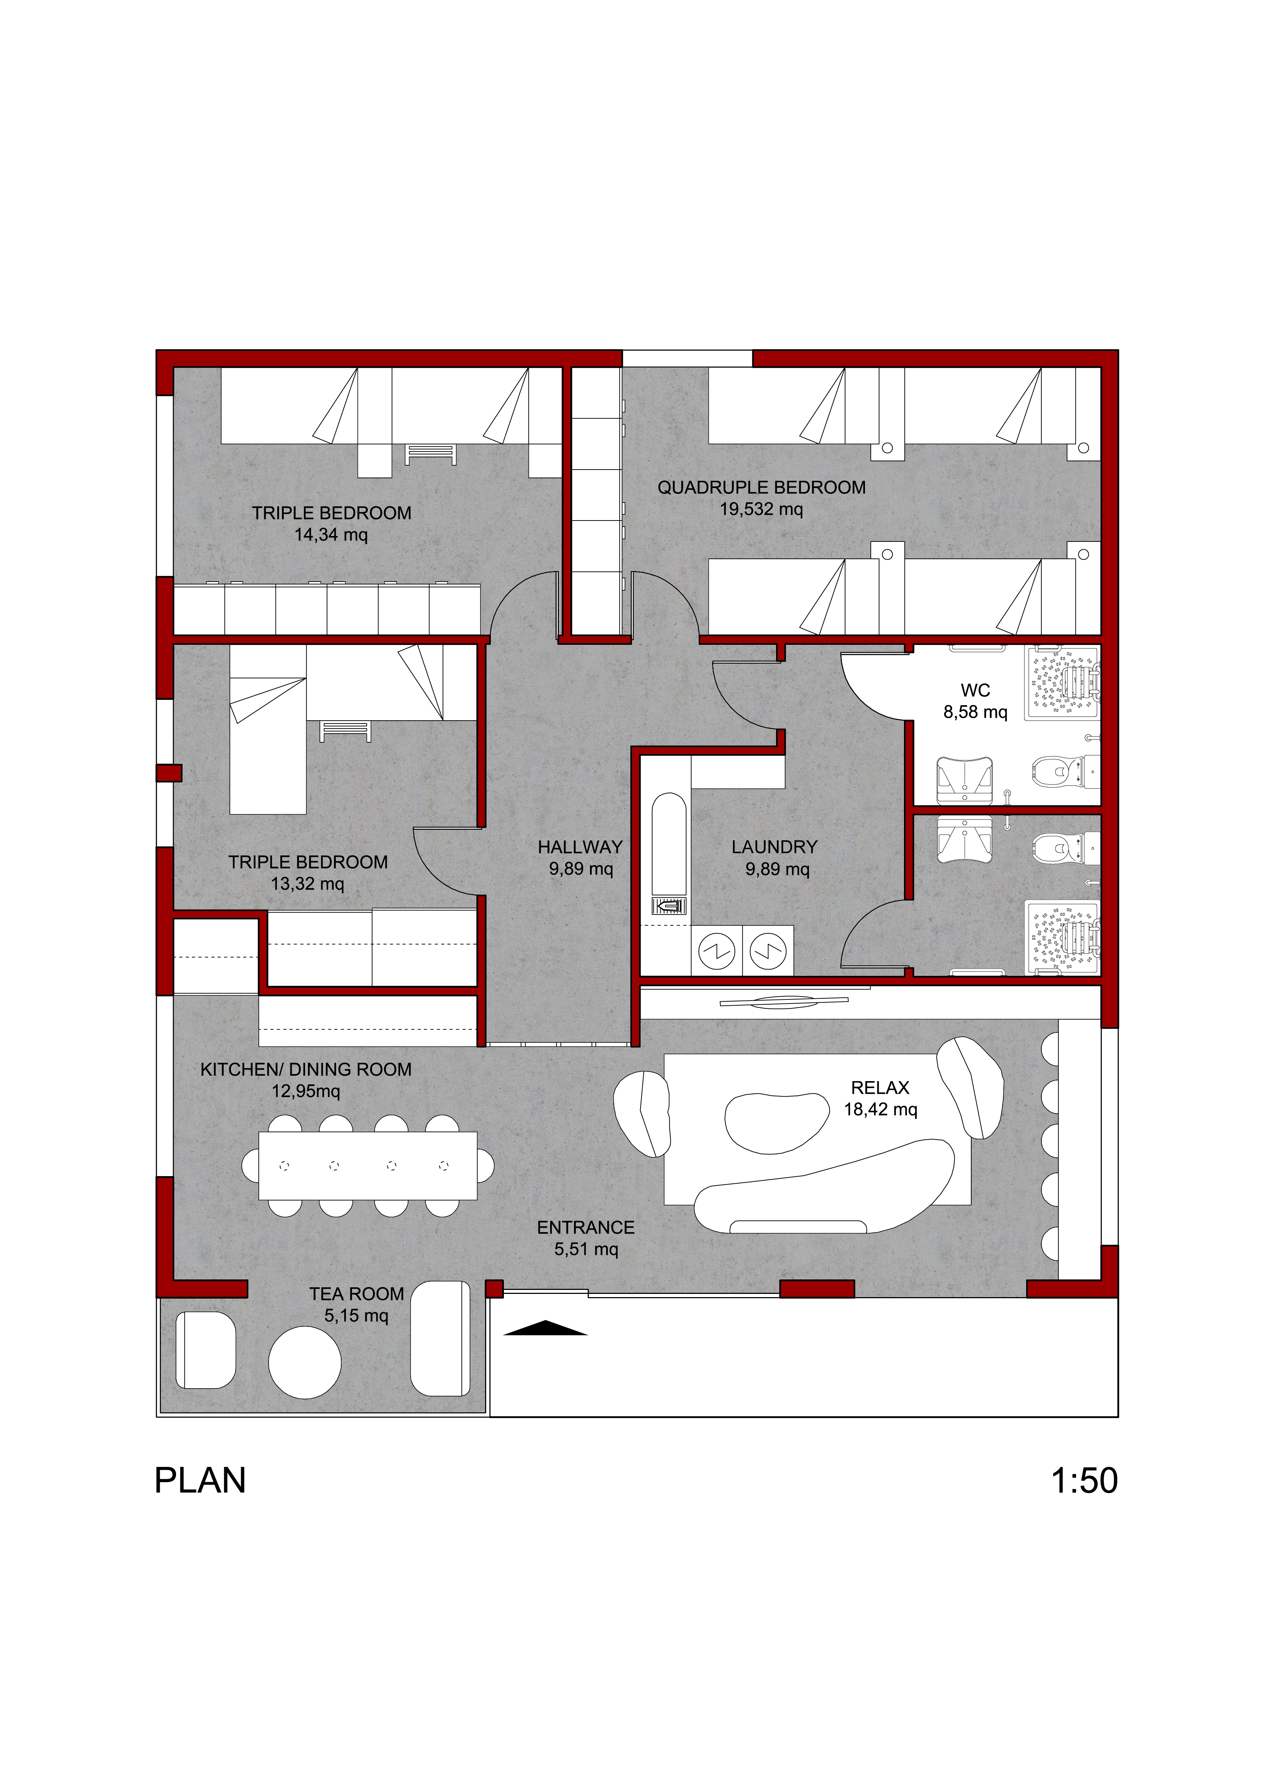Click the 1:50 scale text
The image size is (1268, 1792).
(x=1084, y=1481)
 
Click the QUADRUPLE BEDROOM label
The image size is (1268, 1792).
(x=761, y=488)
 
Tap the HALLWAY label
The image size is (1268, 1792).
(x=580, y=847)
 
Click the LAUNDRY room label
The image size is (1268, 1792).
(x=775, y=847)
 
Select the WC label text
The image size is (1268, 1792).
(x=975, y=691)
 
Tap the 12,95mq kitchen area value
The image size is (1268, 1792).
(x=306, y=1091)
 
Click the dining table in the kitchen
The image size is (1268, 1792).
(x=368, y=1165)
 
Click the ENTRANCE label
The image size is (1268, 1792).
(x=586, y=1228)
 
